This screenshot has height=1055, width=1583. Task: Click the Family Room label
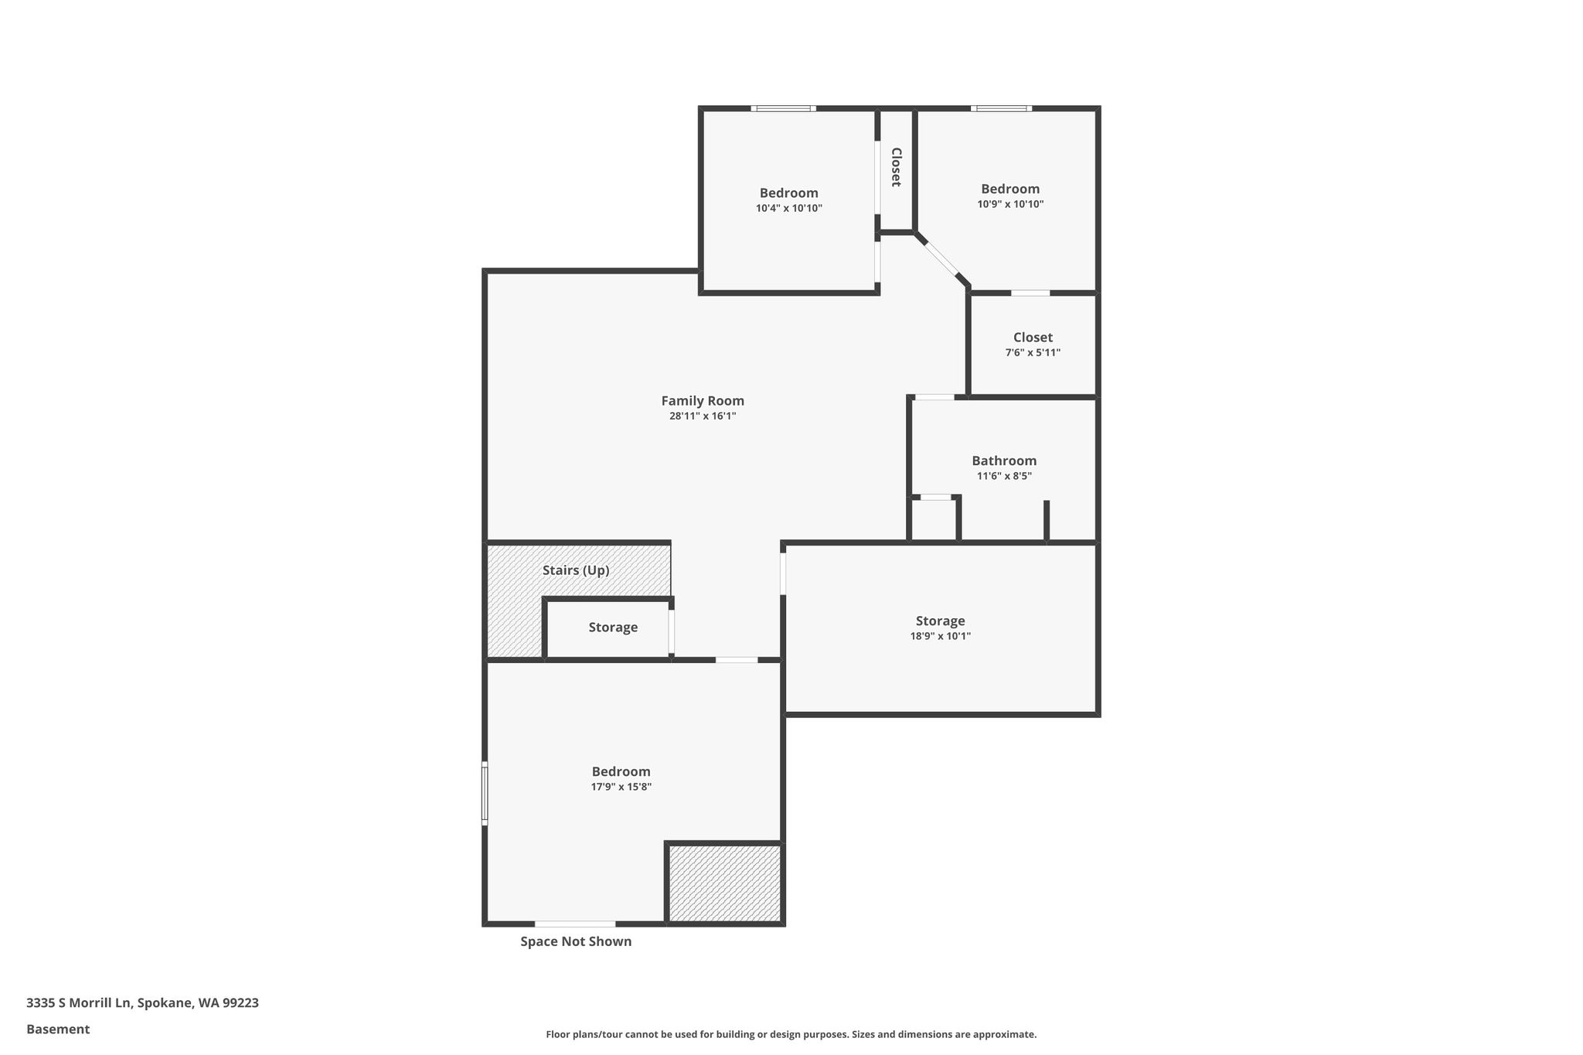(703, 400)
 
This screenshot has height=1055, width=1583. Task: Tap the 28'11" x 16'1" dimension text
(703, 416)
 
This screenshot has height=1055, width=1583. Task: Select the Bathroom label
(1004, 461)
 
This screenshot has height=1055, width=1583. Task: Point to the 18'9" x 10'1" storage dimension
(940, 636)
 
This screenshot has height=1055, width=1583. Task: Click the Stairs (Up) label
(576, 570)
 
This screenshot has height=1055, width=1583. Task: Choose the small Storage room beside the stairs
(608, 628)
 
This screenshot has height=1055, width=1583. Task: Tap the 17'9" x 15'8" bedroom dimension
(621, 787)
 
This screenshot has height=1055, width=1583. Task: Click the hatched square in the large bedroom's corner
(724, 883)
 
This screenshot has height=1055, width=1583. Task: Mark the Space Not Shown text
(576, 941)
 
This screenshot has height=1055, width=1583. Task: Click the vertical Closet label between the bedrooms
(897, 167)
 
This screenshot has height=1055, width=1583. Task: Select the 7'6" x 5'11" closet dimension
(1033, 352)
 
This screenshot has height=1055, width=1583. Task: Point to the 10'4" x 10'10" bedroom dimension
(789, 208)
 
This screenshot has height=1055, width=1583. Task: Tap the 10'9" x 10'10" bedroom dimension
(1010, 204)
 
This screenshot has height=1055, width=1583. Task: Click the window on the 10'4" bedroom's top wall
(783, 108)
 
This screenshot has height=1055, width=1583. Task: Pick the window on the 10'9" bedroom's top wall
(1001, 108)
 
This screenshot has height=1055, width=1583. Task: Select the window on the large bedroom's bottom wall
(575, 924)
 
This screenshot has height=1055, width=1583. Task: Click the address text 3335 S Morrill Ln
(79, 1003)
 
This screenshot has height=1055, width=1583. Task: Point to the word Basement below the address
(58, 1029)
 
